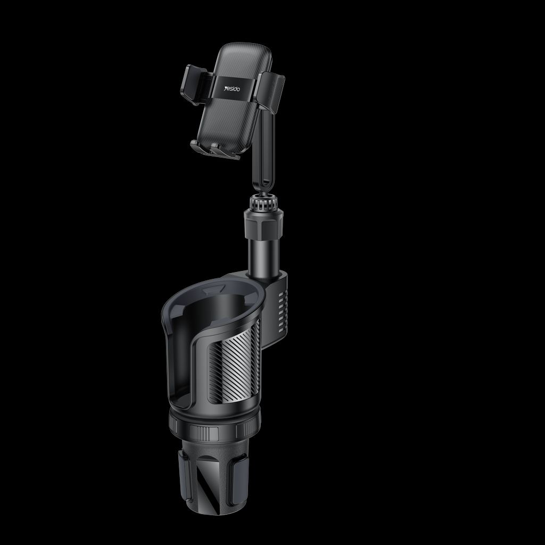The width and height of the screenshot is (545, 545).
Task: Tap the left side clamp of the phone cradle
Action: coord(194,84)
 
